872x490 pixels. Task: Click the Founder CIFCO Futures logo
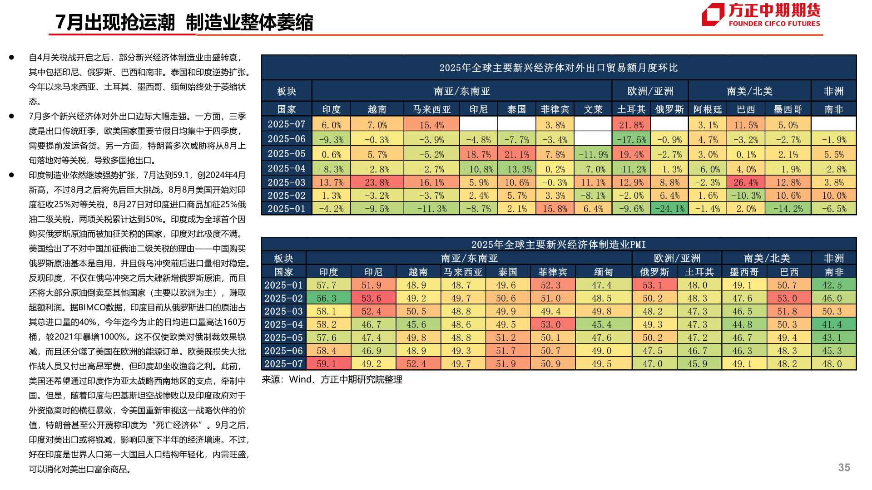tap(761, 15)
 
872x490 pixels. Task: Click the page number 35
tap(844, 467)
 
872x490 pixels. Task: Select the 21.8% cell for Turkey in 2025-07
tap(631, 125)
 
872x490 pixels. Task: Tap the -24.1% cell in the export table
tap(669, 209)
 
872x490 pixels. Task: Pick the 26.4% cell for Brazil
tap(746, 182)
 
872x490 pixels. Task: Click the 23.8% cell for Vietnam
tap(377, 182)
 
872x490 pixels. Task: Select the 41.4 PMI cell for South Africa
tap(833, 324)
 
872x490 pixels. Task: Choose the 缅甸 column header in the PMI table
tap(603, 272)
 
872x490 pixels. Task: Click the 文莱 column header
tap(593, 109)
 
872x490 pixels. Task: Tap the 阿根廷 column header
tap(707, 109)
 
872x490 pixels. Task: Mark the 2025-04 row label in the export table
tap(286, 168)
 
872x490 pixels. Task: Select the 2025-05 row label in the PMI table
tap(283, 338)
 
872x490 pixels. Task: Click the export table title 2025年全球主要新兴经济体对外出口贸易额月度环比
tap(558, 68)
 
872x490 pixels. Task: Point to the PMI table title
tap(558, 245)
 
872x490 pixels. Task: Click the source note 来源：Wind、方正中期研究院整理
tap(332, 379)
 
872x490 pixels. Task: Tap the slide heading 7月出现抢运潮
tap(115, 22)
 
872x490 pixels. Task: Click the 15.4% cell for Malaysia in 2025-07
tap(431, 125)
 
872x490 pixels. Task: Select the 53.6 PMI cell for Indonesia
tap(373, 298)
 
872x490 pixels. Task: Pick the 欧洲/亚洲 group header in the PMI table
tap(677, 258)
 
